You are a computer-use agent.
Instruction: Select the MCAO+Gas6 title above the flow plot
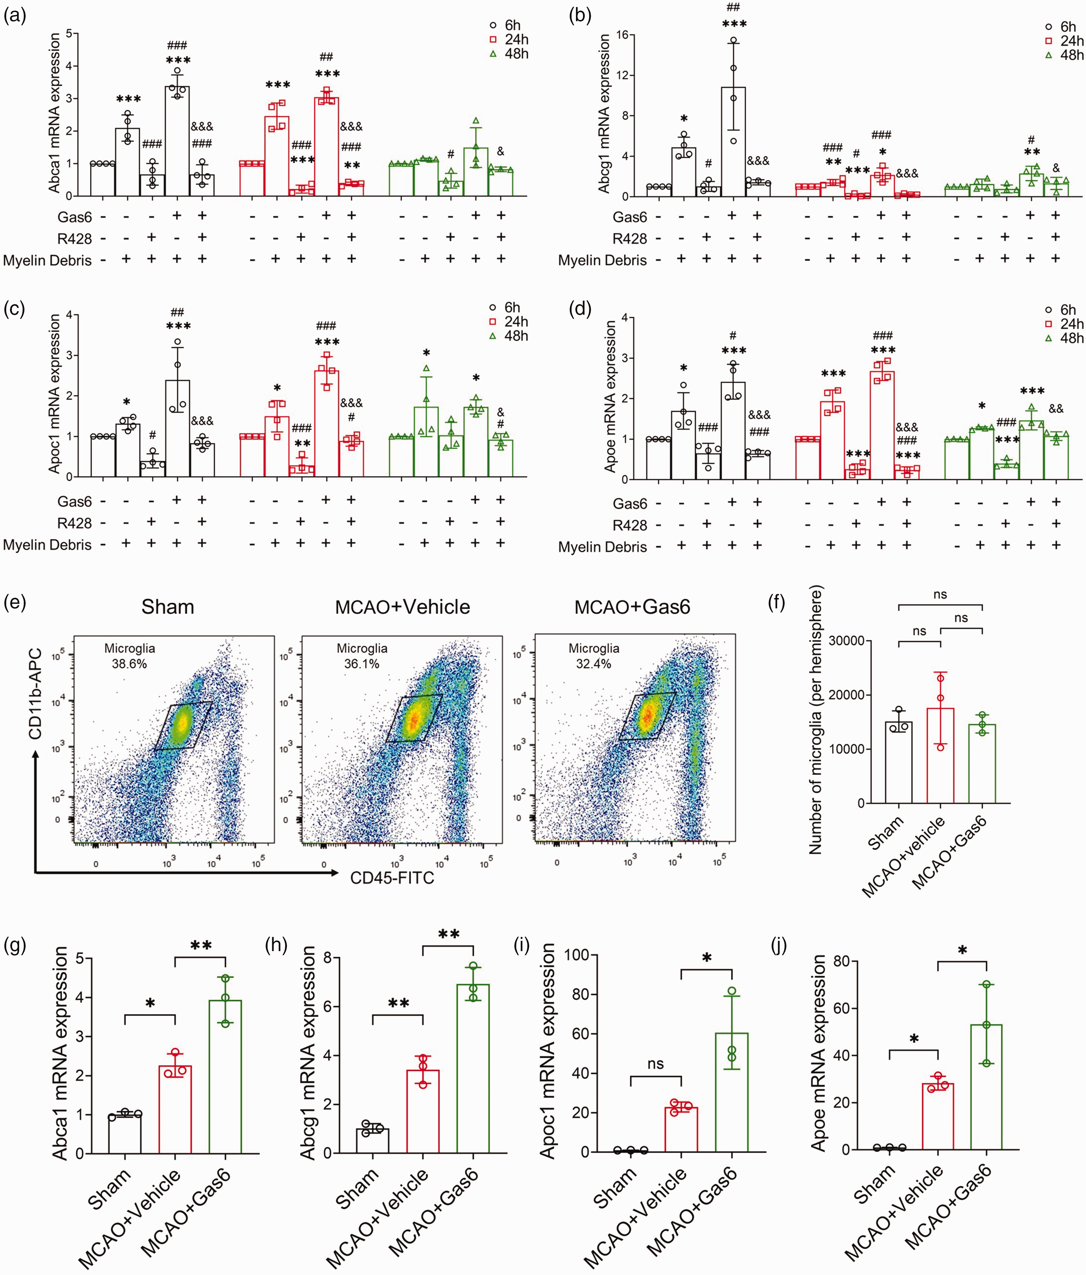[x=632, y=607]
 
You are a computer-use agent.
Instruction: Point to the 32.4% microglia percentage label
[x=593, y=664]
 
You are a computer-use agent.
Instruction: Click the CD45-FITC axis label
[x=392, y=877]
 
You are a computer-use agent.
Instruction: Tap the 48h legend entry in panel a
[x=510, y=54]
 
